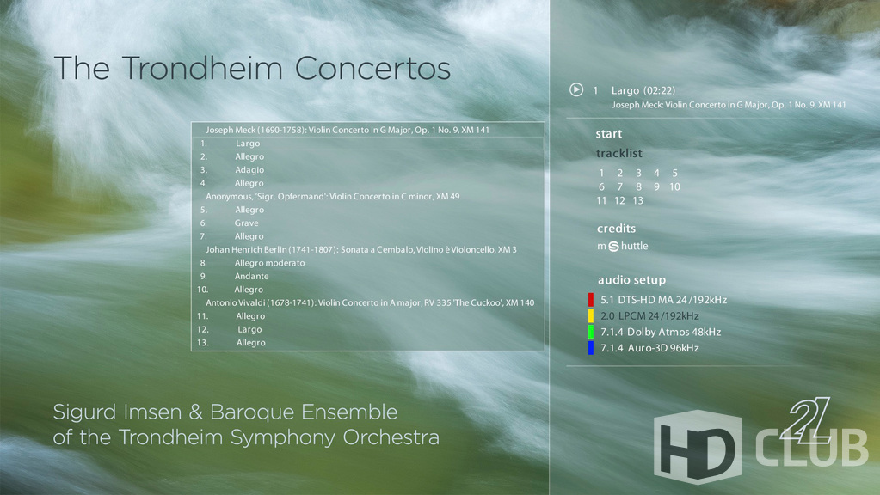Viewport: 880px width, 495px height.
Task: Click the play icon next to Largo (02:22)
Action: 575,89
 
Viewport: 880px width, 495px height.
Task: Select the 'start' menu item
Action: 609,134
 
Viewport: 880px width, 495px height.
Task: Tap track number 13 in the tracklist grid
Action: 637,201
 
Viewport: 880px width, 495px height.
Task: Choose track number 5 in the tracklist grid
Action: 674,174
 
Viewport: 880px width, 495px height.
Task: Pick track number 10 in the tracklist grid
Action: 674,186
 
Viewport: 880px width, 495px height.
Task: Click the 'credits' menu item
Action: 616,229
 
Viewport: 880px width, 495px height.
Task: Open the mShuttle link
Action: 623,246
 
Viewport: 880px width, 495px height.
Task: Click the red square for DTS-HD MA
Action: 590,300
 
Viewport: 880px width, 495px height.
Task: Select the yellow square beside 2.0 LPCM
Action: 590,315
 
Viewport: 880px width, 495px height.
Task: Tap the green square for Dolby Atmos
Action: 590,332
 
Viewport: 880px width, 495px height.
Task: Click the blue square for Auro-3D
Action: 590,347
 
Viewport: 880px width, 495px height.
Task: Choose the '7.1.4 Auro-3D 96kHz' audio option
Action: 650,348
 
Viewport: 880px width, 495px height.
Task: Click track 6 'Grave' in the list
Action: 246,223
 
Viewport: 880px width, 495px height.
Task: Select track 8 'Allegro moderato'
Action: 269,263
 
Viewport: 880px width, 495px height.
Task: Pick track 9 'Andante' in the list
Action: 251,277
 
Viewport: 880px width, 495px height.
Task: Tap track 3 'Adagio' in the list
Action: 249,170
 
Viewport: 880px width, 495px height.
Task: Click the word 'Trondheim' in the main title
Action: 202,69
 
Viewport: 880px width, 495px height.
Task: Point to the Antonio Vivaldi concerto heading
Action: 370,302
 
